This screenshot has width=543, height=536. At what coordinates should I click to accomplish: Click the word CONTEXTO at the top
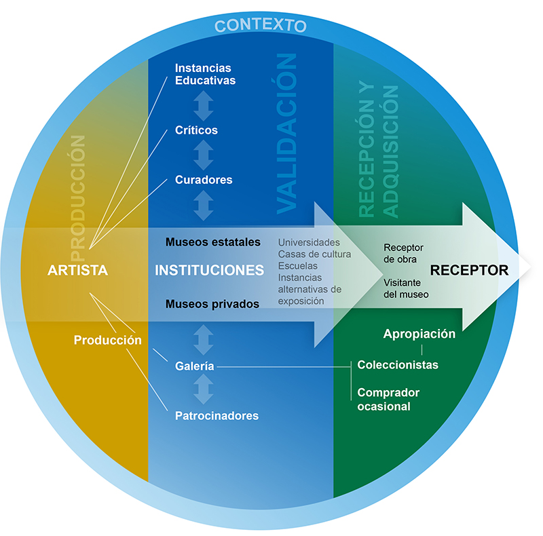261,26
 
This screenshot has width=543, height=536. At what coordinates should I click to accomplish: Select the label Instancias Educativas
205,74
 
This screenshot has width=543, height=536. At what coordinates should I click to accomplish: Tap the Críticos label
196,130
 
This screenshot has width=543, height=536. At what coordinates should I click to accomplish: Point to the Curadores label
204,180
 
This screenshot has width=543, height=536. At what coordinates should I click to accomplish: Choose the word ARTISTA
78,270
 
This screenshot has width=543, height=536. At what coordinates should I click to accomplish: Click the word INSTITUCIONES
210,270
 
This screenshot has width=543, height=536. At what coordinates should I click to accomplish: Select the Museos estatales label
213,242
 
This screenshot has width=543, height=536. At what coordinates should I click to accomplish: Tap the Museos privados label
212,304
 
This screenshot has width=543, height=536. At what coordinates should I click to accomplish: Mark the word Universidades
309,242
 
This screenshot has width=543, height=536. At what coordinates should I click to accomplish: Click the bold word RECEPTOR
470,270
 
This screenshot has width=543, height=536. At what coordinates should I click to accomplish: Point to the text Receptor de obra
404,253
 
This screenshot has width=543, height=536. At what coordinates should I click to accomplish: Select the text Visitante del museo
406,288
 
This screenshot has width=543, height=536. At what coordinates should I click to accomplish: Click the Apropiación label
419,334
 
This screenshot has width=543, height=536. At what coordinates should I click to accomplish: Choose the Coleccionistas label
398,365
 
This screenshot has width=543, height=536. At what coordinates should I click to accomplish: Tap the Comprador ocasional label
388,400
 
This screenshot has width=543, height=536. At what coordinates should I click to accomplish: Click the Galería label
195,366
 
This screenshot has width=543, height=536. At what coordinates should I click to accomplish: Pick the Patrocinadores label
217,415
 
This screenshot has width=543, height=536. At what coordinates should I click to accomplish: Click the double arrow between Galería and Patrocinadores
204,390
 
